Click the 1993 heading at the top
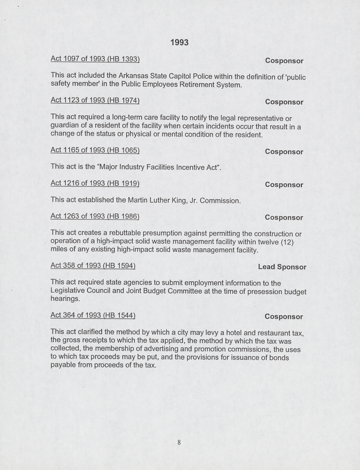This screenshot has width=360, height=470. pyautogui.click(x=179, y=42)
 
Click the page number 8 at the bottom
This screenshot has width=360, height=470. pyautogui.click(x=179, y=443)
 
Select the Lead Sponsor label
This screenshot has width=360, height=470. pyautogui.click(x=282, y=267)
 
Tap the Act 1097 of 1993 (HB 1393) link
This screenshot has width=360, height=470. pyautogui.click(x=95, y=59)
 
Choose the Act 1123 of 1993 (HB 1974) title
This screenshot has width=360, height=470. pyautogui.click(x=95, y=100)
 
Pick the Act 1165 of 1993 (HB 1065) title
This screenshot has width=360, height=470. pyautogui.click(x=95, y=150)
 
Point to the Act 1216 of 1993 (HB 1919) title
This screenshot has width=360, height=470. pyautogui.click(x=95, y=183)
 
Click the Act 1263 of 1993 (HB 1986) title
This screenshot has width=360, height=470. pyautogui.click(x=95, y=216)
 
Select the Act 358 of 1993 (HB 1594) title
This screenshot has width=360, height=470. pyautogui.click(x=93, y=266)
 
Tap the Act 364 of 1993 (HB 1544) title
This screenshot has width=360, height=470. pyautogui.click(x=93, y=315)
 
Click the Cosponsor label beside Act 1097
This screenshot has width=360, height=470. pyautogui.click(x=284, y=61)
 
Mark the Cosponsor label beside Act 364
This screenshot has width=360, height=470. pyautogui.click(x=284, y=316)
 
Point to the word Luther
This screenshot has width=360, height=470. pyautogui.click(x=159, y=200)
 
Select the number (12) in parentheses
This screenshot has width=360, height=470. pyautogui.click(x=287, y=242)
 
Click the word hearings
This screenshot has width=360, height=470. pyautogui.click(x=65, y=299)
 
